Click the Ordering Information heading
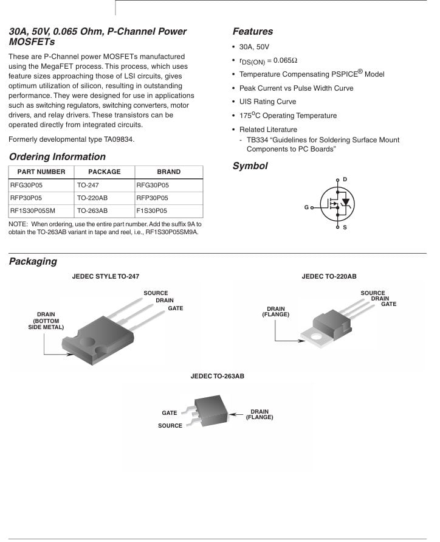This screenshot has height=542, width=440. click(x=57, y=157)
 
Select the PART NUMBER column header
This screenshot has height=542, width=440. click(x=41, y=172)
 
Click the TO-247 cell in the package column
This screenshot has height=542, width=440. click(x=89, y=186)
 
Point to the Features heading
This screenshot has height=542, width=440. click(x=253, y=32)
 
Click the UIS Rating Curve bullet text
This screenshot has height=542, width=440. click(x=267, y=102)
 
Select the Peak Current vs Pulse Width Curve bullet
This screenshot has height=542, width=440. click(x=296, y=88)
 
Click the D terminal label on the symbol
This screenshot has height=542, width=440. click(x=345, y=179)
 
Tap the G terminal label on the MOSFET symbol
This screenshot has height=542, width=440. click(x=306, y=207)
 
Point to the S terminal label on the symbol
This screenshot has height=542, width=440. click(x=345, y=228)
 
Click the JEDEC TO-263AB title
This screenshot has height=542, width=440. click(x=217, y=377)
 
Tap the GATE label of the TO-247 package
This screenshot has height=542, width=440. click(x=176, y=308)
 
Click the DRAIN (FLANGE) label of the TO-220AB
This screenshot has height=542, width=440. click(x=275, y=311)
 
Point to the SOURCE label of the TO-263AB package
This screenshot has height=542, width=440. click(x=170, y=426)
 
